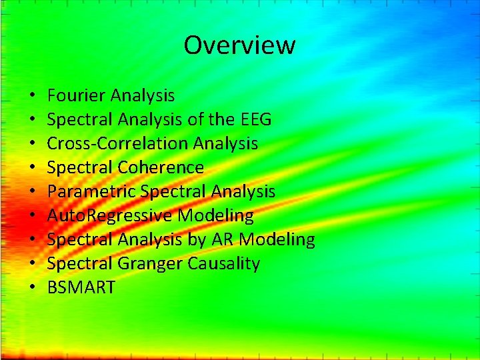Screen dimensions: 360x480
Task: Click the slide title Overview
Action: tap(239, 45)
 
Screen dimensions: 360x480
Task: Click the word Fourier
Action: tap(77, 96)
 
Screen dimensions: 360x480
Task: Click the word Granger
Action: tap(151, 264)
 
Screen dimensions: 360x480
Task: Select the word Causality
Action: tap(223, 264)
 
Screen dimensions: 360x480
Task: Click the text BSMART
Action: tap(81, 288)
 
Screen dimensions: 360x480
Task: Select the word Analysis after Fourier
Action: tap(143, 96)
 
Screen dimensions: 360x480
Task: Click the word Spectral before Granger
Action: tap(81, 264)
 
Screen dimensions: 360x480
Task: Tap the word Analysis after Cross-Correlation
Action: tap(225, 144)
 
